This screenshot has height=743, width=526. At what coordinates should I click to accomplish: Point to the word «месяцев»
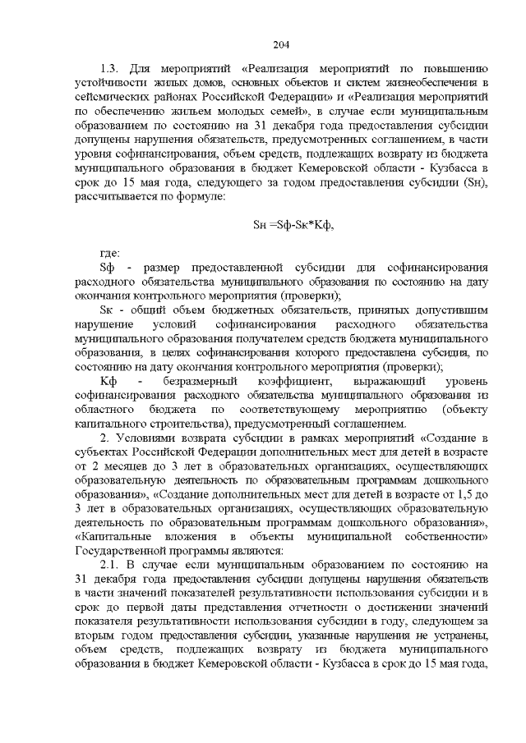(x=124, y=466)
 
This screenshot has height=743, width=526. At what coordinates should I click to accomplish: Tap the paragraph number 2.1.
(x=111, y=566)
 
